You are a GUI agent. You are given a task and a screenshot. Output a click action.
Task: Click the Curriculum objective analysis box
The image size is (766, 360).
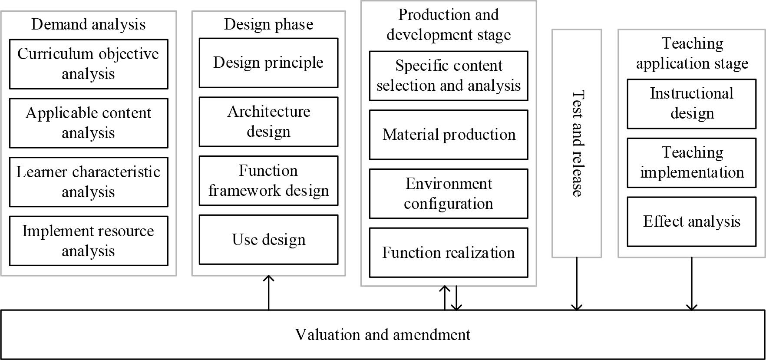(89, 64)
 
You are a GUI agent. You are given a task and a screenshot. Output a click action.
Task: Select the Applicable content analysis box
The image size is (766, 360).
(89, 123)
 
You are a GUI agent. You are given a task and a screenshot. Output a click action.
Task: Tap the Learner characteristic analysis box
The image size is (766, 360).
(89, 182)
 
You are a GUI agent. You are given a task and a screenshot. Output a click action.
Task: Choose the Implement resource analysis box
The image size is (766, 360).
(89, 241)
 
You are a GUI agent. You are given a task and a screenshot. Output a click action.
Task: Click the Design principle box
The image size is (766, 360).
(268, 63)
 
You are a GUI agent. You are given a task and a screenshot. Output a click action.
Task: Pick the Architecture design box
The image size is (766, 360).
(268, 122)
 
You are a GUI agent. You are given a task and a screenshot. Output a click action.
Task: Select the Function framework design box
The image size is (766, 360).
(268, 181)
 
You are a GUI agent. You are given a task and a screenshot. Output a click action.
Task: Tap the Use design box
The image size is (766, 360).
(268, 240)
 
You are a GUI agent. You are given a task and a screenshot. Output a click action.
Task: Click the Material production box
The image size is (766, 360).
(449, 135)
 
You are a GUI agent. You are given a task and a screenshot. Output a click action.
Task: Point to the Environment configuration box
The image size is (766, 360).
(449, 194)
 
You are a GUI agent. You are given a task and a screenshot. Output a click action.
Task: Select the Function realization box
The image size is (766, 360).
(449, 253)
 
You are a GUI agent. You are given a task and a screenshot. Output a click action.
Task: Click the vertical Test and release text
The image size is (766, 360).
(577, 143)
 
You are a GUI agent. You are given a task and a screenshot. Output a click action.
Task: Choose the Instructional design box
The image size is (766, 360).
(691, 103)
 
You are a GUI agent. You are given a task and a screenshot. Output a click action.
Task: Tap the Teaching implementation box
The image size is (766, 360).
(691, 162)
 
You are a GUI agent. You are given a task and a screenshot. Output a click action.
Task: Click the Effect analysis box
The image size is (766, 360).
(691, 221)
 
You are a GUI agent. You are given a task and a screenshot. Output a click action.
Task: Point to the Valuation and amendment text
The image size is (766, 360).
(383, 335)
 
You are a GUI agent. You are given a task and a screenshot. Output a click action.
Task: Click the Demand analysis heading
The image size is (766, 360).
(89, 24)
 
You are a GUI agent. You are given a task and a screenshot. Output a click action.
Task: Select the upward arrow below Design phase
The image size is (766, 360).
(269, 293)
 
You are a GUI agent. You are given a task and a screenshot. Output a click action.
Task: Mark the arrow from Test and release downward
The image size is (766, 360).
(577, 284)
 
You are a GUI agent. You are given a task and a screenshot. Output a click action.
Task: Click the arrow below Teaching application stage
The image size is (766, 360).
(691, 284)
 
